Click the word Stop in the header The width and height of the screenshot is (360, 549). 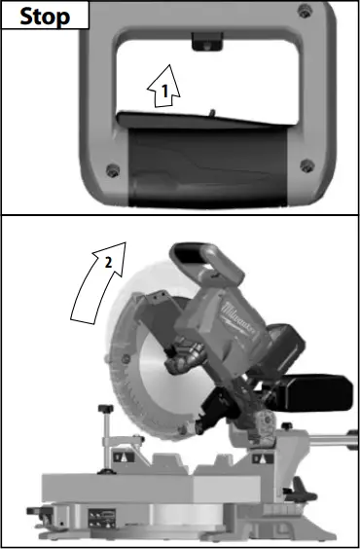[x=46, y=16]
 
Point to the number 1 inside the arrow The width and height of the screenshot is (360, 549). [x=165, y=91]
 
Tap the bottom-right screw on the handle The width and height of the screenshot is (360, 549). [x=307, y=164]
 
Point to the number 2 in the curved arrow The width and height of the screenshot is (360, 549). [x=108, y=263]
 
